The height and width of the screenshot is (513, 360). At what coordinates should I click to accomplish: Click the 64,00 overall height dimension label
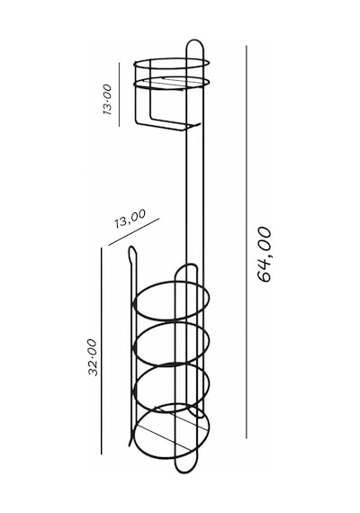(x=265, y=254)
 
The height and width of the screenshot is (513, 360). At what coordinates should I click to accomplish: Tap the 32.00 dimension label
(x=93, y=357)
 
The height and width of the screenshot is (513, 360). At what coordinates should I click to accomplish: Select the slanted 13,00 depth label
(x=130, y=219)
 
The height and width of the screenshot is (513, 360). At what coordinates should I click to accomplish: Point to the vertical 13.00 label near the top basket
(x=107, y=99)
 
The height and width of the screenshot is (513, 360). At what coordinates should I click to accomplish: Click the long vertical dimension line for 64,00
(x=246, y=242)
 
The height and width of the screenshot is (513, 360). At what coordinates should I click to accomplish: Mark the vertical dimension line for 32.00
(x=102, y=351)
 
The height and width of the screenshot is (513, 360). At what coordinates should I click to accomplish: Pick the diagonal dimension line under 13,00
(x=133, y=232)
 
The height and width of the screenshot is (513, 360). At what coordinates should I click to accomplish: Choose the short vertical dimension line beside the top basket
(x=120, y=94)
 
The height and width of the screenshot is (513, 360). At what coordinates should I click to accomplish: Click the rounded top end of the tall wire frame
(x=195, y=40)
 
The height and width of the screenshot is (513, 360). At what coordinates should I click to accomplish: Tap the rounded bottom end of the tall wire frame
(x=185, y=472)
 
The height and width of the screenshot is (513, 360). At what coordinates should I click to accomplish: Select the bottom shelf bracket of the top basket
(x=166, y=127)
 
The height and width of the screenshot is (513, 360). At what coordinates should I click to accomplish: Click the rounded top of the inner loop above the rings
(x=186, y=265)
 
